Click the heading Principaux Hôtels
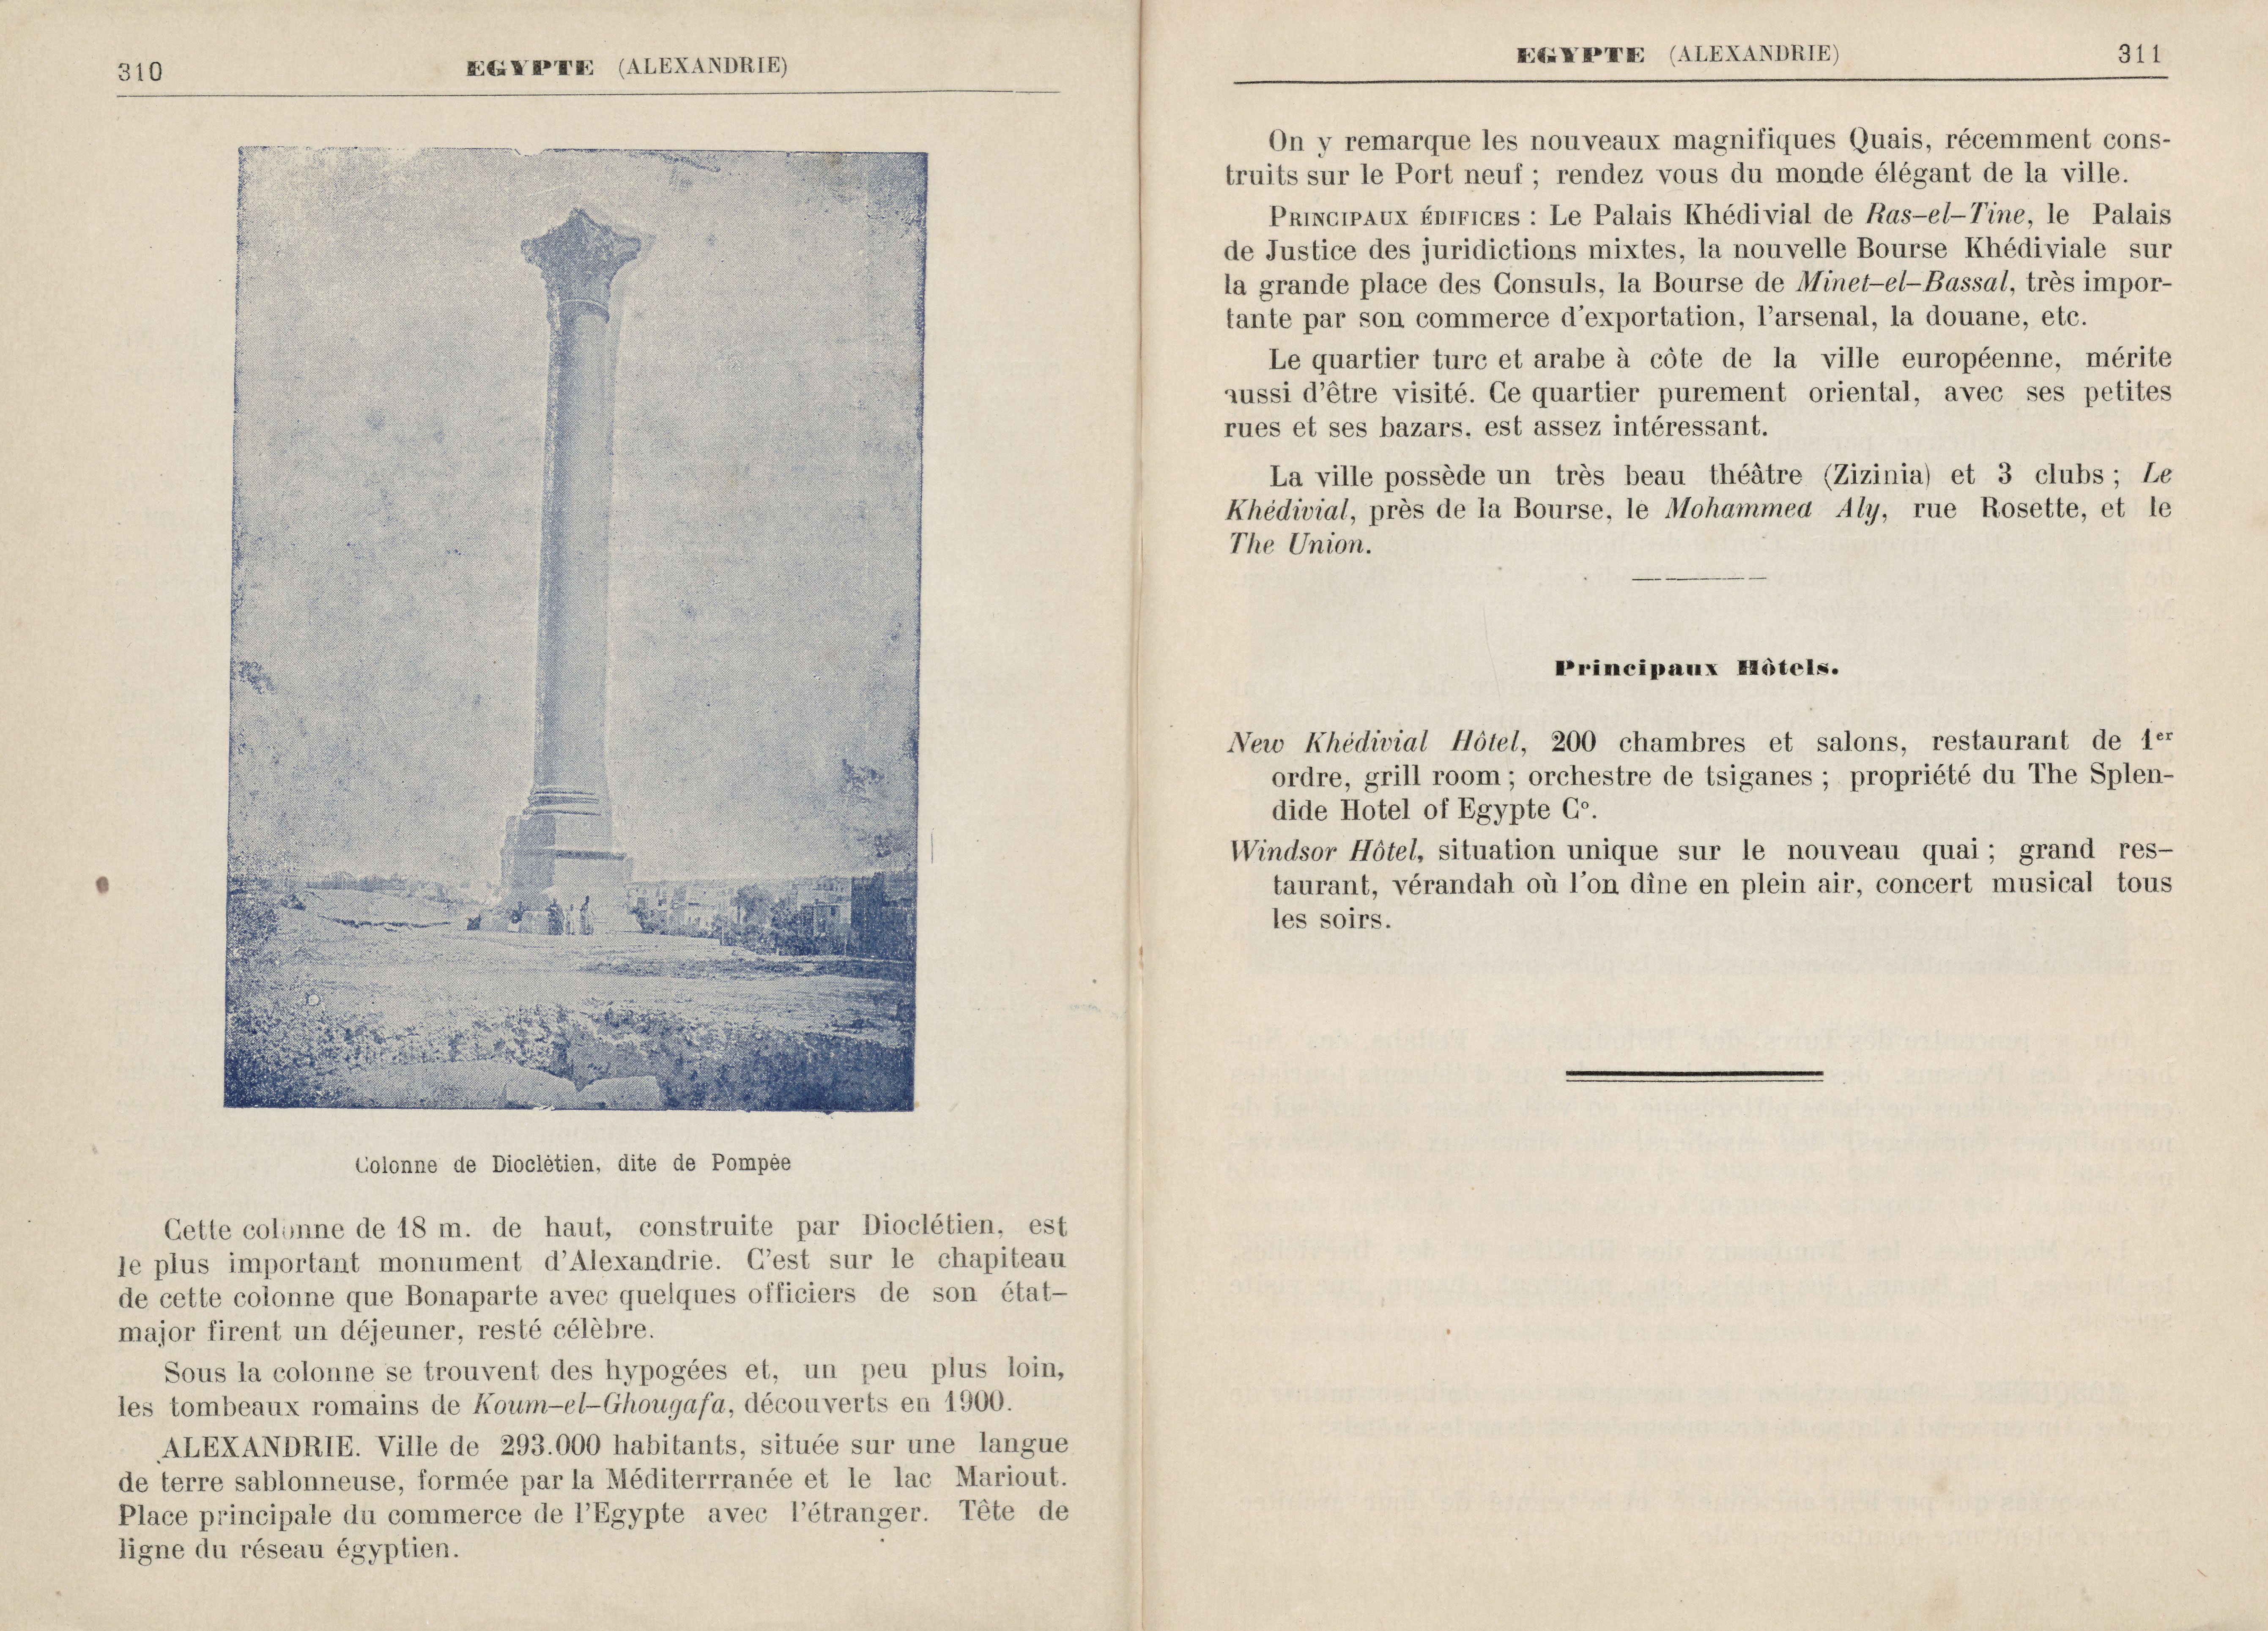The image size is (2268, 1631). [1697, 668]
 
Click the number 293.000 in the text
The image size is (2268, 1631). [546, 1445]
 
